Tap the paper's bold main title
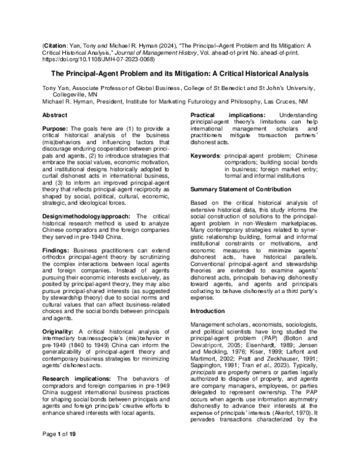[179, 74]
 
